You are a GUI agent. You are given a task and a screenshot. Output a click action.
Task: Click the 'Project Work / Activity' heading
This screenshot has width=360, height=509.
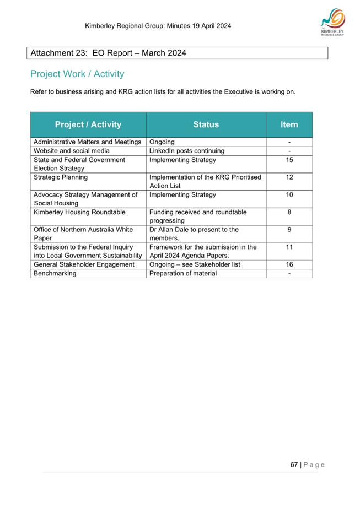[x=77, y=74]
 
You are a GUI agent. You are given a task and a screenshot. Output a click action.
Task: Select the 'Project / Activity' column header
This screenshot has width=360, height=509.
[x=88, y=124]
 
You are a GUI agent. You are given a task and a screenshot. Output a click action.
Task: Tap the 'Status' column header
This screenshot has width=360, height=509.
[x=206, y=124]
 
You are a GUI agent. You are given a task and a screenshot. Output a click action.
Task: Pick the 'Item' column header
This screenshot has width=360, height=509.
[x=289, y=124]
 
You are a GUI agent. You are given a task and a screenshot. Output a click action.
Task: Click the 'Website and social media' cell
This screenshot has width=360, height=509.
[x=72, y=151]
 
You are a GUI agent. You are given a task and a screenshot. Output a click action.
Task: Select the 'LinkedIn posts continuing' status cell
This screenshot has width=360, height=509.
[x=187, y=151]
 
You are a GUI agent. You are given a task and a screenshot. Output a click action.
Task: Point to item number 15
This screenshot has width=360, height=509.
[x=289, y=160]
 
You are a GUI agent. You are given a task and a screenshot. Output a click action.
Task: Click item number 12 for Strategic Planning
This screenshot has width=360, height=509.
[x=289, y=177]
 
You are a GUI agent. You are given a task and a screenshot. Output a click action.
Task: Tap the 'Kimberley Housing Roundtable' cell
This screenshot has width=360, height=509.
[x=79, y=212]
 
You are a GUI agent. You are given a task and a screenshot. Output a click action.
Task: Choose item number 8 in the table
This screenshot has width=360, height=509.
[x=289, y=212]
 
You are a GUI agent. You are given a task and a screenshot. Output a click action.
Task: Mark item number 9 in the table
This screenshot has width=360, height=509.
[x=289, y=230]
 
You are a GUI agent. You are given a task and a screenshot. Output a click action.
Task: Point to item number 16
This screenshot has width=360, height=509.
[x=289, y=264]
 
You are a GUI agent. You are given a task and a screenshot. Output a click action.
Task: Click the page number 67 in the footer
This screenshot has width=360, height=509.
[x=294, y=464]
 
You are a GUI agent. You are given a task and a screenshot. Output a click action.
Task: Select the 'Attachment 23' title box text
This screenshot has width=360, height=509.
[x=109, y=53]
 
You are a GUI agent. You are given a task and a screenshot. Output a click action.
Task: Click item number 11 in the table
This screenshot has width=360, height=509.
[x=289, y=247]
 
